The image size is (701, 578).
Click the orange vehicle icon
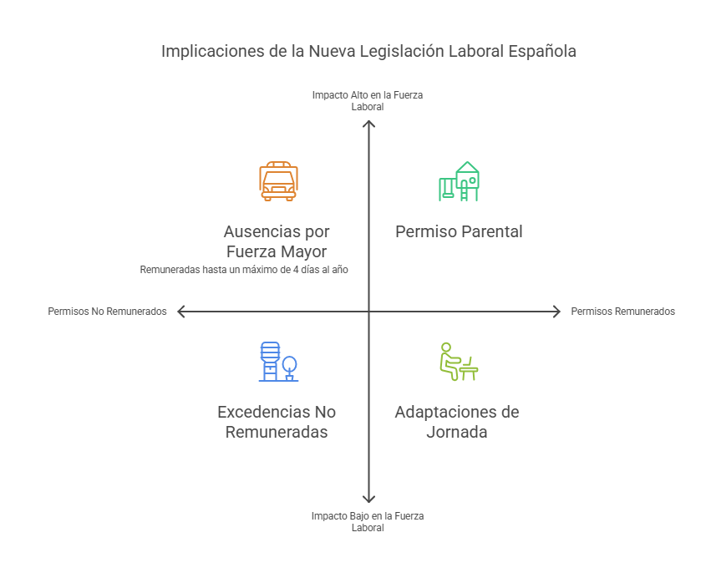pyautogui.click(x=278, y=181)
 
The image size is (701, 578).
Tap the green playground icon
pyautogui.click(x=459, y=181)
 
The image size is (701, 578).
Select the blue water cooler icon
pyautogui.click(x=278, y=362)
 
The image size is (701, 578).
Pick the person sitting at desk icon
pyautogui.click(x=459, y=362)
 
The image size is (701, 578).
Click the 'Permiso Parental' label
pyautogui.click(x=459, y=231)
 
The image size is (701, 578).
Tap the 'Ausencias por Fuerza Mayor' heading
pyautogui.click(x=277, y=241)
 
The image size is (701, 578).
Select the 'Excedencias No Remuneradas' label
pyautogui.click(x=277, y=422)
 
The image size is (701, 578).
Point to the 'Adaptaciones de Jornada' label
pyautogui.click(x=457, y=422)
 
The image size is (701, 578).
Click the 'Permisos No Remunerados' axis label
pyautogui.click(x=107, y=311)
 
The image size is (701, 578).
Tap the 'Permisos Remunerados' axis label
pyautogui.click(x=622, y=311)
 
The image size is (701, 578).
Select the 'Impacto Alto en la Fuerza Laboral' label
pyautogui.click(x=368, y=100)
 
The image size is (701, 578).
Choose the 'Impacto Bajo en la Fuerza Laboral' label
pyautogui.click(x=368, y=522)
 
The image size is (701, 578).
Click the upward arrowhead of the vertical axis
pyautogui.click(x=368, y=122)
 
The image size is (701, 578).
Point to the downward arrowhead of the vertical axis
pyautogui.click(x=368, y=501)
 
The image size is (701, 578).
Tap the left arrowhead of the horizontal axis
pyautogui.click(x=179, y=312)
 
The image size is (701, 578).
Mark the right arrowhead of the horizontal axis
pyautogui.click(x=559, y=312)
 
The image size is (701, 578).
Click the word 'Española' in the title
pyautogui.click(x=542, y=51)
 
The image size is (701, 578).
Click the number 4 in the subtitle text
pyautogui.click(x=296, y=270)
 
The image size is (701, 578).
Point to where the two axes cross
pyautogui.click(x=368, y=312)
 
